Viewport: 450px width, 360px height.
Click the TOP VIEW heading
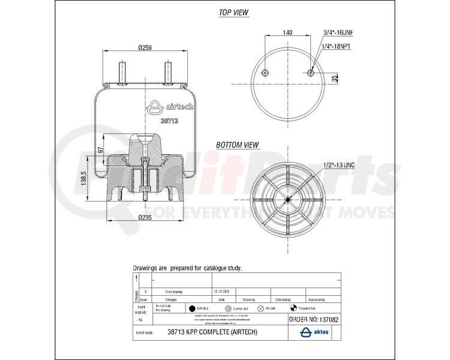point(233,13)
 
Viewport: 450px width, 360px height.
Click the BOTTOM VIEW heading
point(238,145)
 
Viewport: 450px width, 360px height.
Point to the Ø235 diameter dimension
point(143,217)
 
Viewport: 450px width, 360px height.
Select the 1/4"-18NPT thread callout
point(337,46)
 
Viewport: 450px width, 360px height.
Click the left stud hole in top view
point(264,73)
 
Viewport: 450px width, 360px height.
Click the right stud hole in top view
point(310,73)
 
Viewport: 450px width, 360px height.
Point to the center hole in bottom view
point(287,200)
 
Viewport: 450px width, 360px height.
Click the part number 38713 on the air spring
point(170,121)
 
